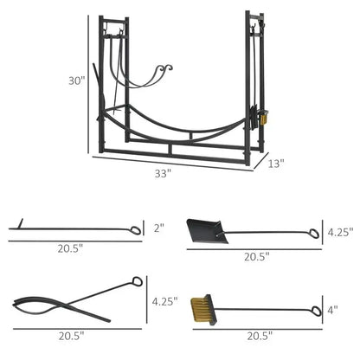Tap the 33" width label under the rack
pos(163,172)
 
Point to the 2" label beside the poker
pos(158,229)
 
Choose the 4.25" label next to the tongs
pos(164,301)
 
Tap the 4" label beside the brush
pos(334,308)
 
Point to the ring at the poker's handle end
pos(136,230)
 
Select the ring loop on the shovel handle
pos(313,233)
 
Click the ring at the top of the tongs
pos(136,282)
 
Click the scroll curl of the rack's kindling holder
pos(165,67)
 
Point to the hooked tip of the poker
pos(12,228)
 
